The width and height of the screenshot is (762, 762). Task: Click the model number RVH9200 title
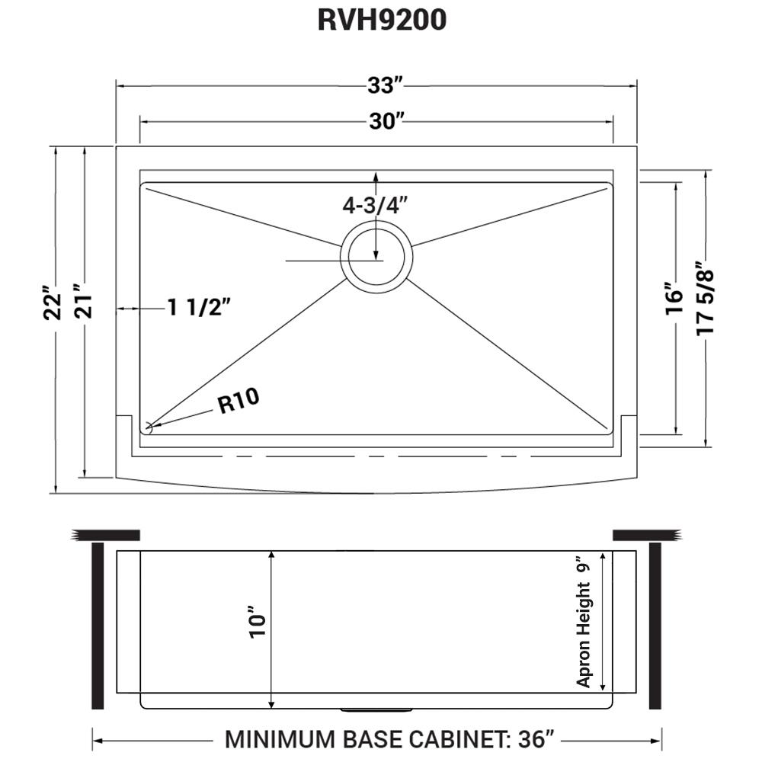pos(381,21)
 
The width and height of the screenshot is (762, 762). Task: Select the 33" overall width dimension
pos(383,86)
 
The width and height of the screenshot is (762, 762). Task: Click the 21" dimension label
pos(82,303)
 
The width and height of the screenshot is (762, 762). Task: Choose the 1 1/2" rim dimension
pos(199,308)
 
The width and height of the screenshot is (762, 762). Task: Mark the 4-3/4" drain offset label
pos(376,205)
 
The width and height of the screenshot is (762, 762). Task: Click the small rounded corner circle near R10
pos(148,428)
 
